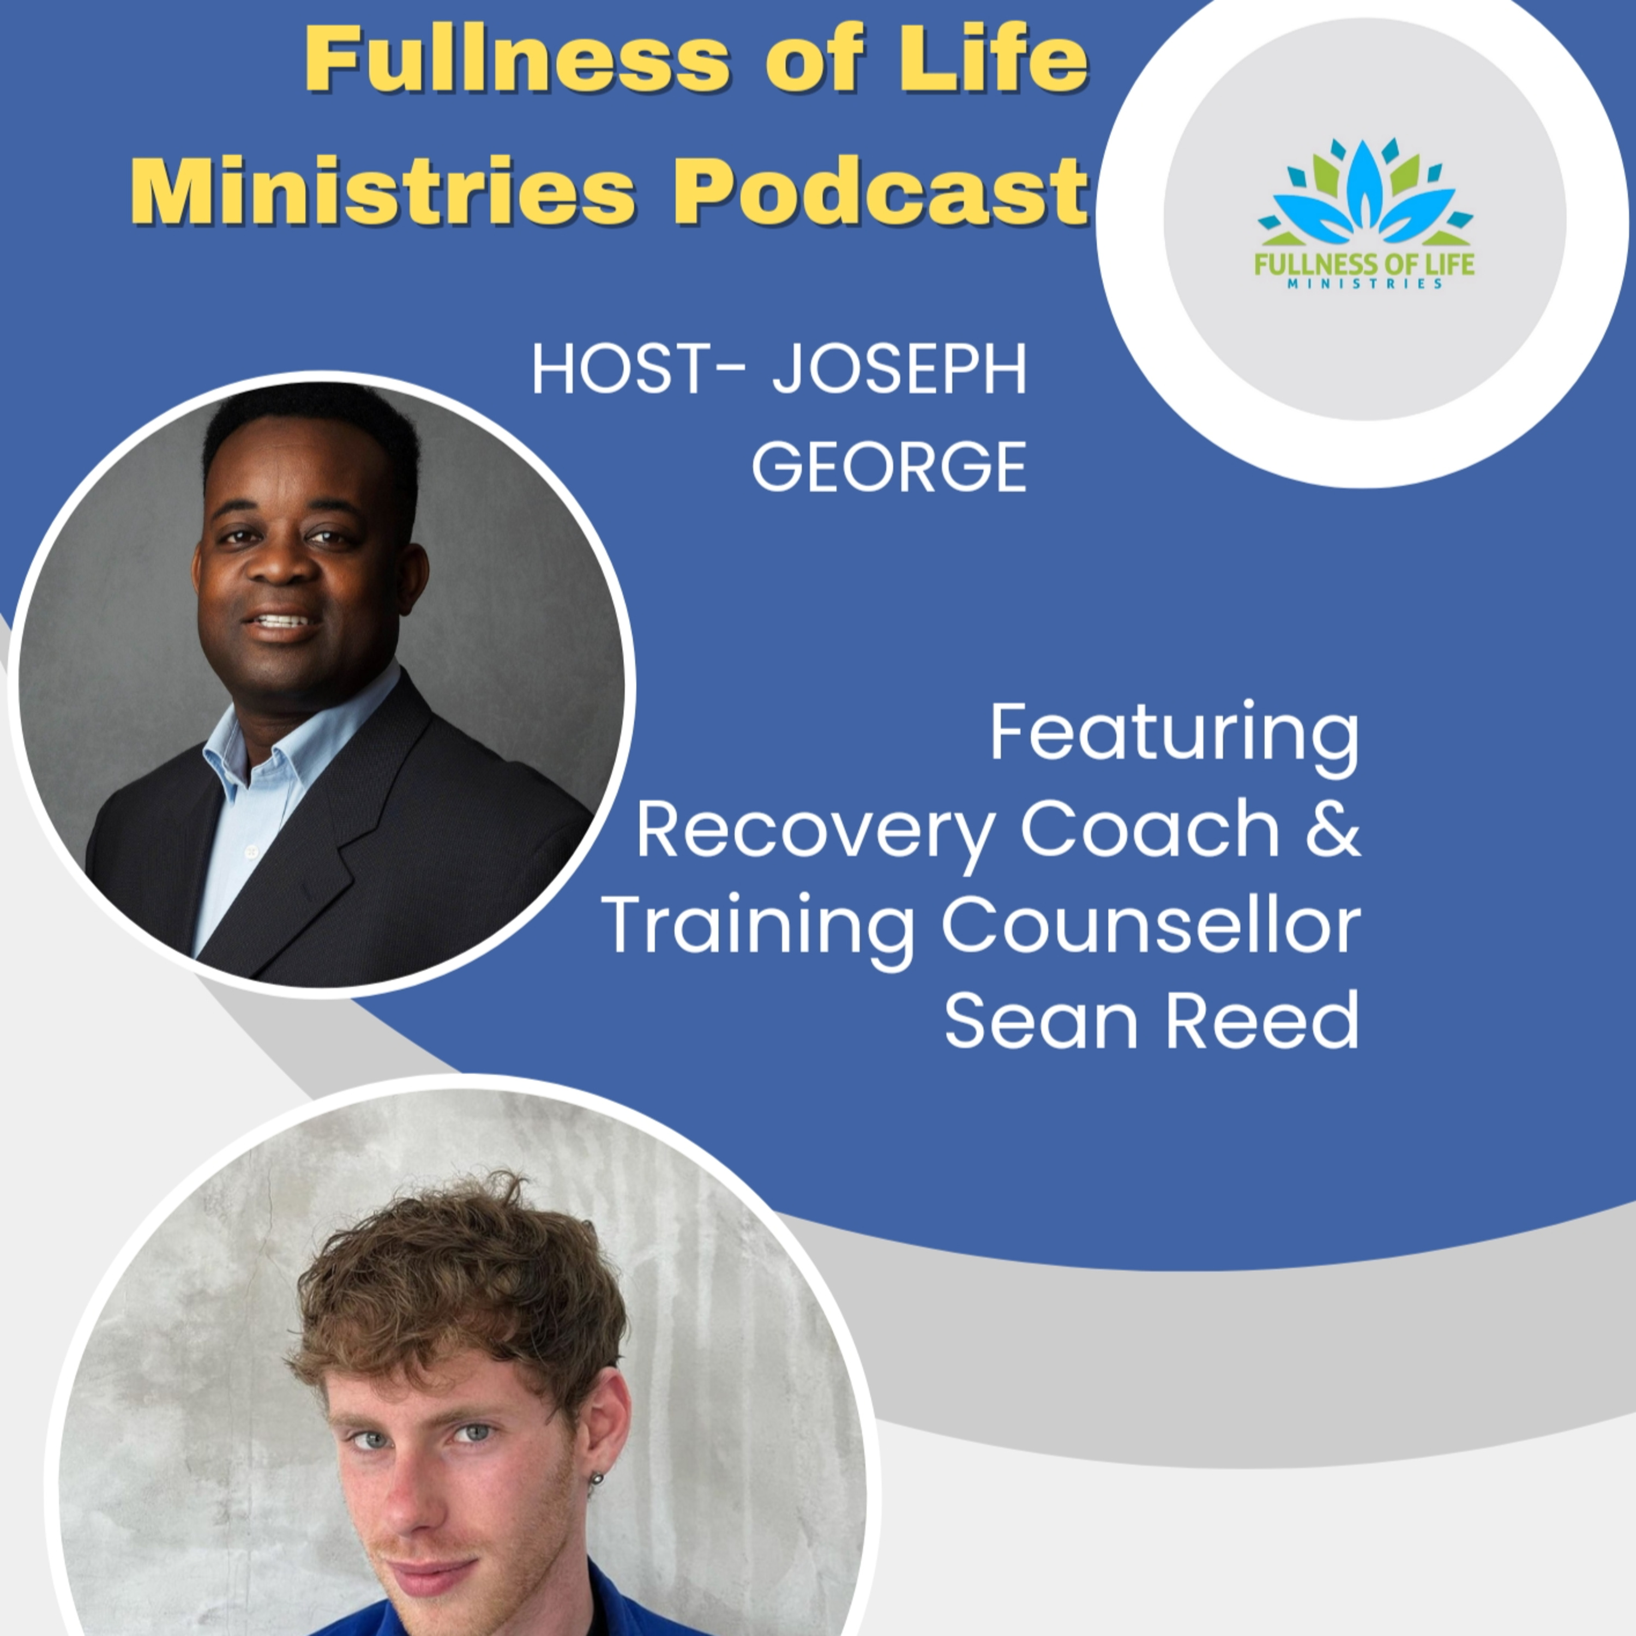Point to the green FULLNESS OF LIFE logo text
coord(1364,263)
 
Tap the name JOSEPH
coord(899,370)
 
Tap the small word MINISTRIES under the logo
coord(1364,285)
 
